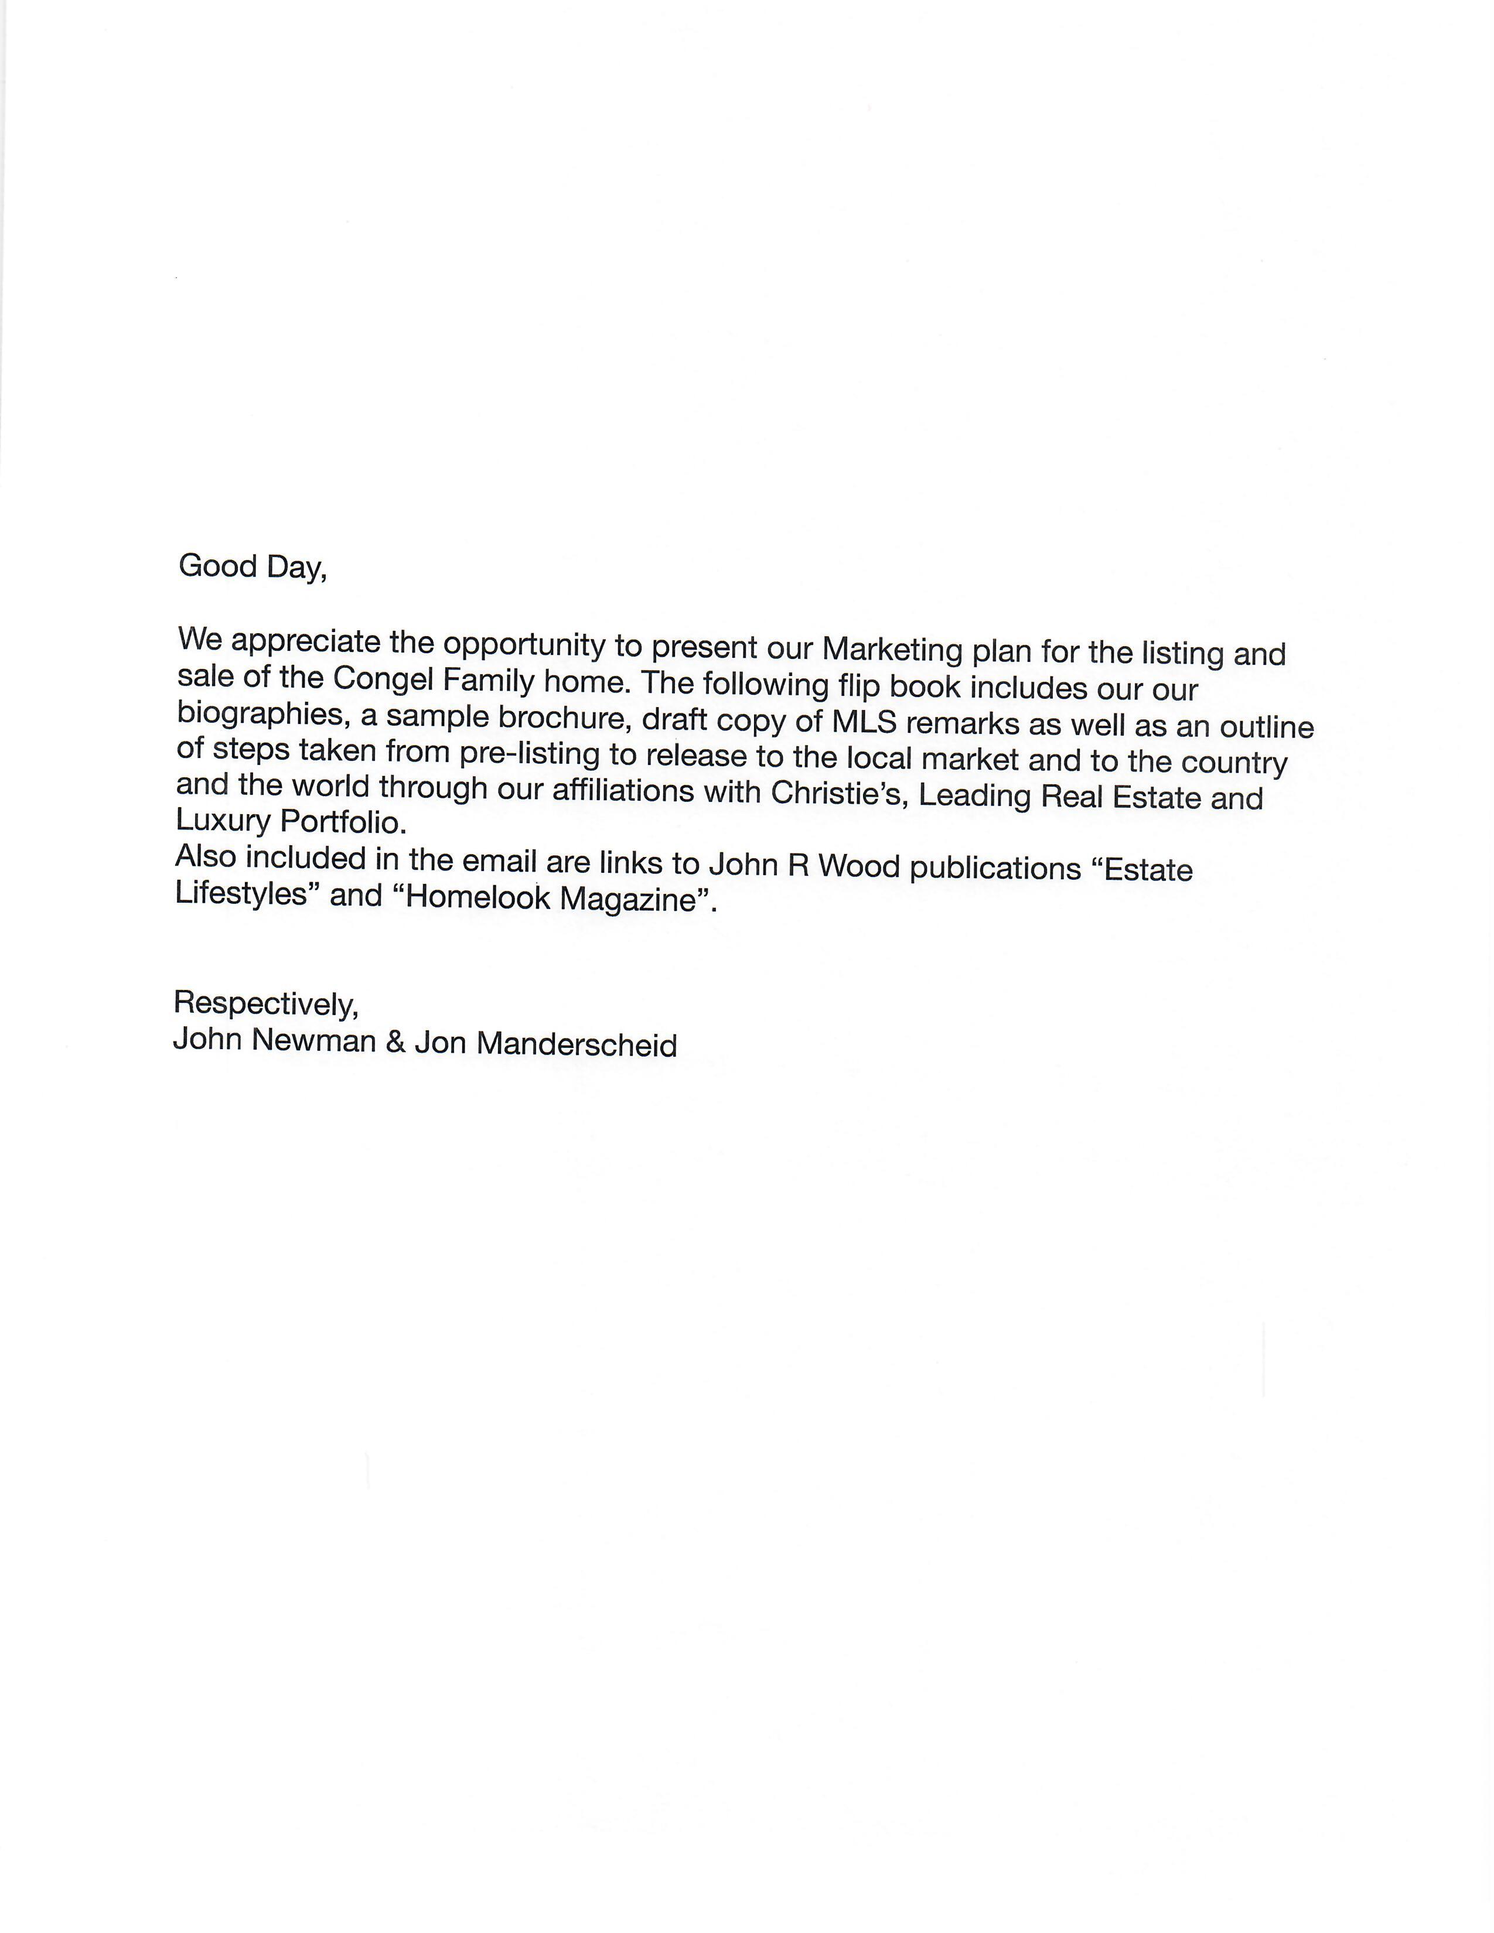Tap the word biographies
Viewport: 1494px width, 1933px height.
pos(258,713)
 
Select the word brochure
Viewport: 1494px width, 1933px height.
pos(563,718)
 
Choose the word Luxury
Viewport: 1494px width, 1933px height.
pos(222,819)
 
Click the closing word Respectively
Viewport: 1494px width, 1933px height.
pos(265,1003)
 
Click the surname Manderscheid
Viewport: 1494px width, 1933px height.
pos(576,1044)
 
